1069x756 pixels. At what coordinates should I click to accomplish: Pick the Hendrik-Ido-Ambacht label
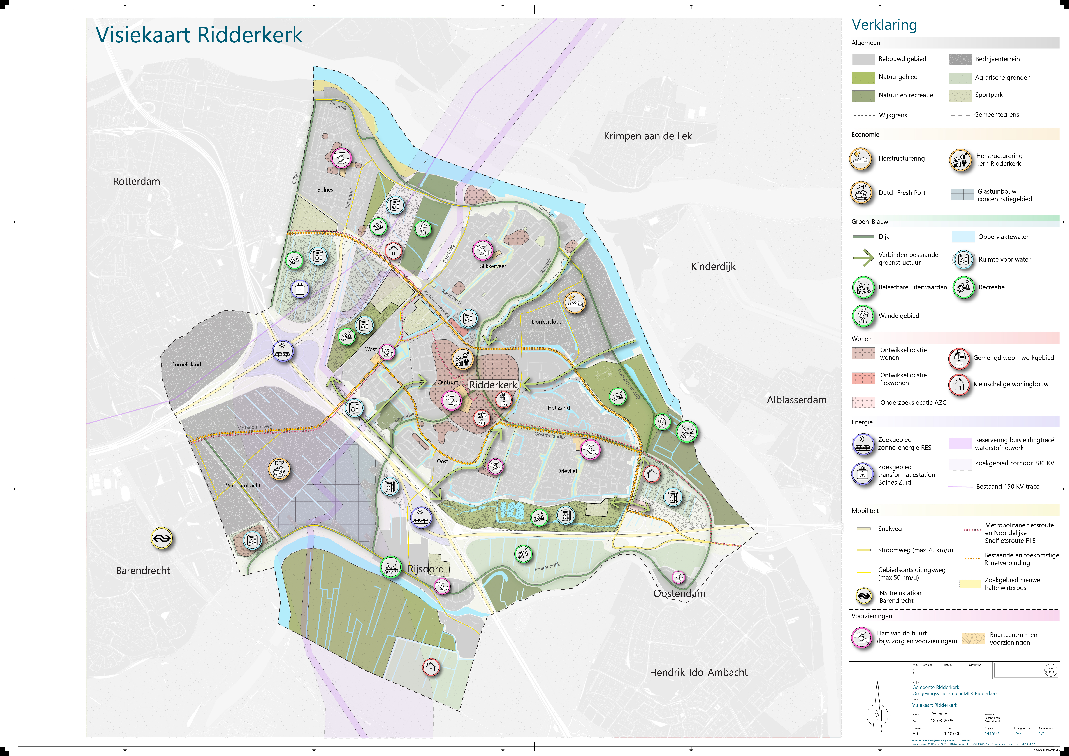[x=698, y=672]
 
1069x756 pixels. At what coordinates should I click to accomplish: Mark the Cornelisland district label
[x=186, y=364]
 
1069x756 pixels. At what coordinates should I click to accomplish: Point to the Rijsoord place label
[x=425, y=569]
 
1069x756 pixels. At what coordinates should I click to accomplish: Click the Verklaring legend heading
[x=884, y=25]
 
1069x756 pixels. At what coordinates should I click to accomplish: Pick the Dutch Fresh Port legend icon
[x=861, y=193]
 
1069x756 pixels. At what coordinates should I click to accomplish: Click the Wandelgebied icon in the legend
[x=863, y=316]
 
